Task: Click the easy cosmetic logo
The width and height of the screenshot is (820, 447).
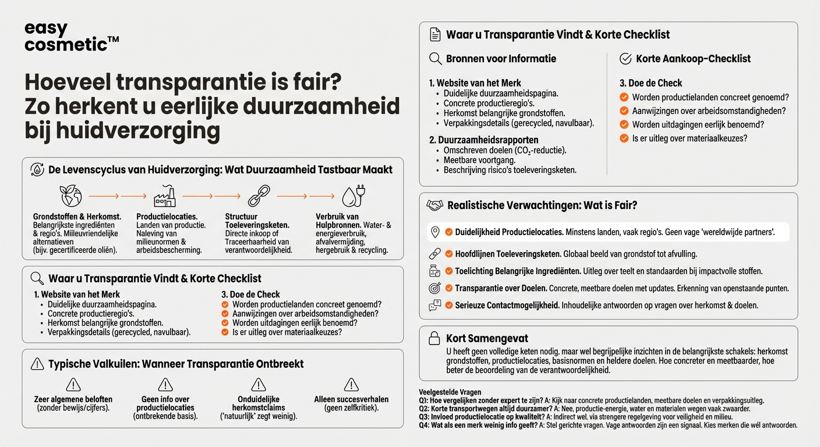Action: [x=72, y=37]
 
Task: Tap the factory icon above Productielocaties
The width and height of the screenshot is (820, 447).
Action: [x=164, y=196]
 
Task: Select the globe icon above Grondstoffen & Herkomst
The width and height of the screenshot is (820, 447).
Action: [x=71, y=196]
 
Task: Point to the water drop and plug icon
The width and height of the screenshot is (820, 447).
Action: [x=352, y=196]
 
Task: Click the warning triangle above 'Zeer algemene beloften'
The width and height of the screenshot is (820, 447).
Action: [x=73, y=384]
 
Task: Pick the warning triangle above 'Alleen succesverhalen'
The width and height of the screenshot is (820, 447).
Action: [x=351, y=384]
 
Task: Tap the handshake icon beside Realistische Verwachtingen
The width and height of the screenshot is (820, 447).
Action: [x=434, y=205]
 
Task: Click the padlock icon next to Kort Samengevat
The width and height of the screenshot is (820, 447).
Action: [x=434, y=338]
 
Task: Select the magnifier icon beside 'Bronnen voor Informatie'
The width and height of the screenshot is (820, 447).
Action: [x=435, y=59]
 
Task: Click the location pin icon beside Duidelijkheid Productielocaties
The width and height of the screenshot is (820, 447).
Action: [x=434, y=232]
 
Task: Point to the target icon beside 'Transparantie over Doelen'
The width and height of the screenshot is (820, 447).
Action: [x=434, y=288]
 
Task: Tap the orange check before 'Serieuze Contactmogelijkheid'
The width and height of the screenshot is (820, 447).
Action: [x=449, y=306]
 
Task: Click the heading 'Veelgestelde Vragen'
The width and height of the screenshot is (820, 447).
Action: [x=450, y=392]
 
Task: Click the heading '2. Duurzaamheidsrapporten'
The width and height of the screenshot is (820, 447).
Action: [x=483, y=140]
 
